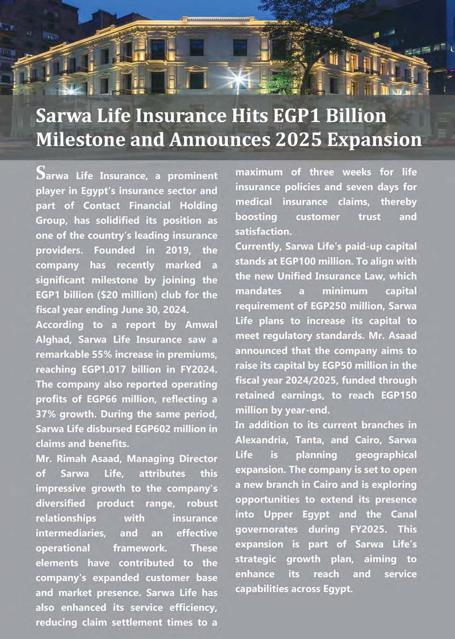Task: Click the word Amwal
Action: [201, 325]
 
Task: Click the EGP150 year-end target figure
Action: [399, 395]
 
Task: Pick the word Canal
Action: [403, 514]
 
